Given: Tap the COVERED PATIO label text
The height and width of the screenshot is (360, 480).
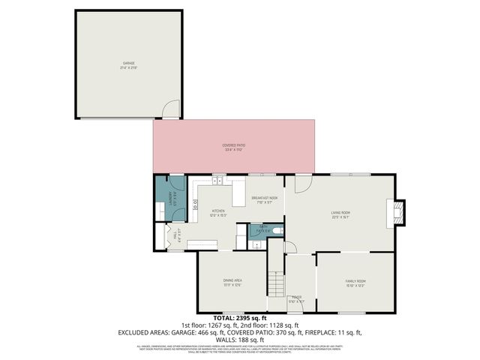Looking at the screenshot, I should pyautogui.click(x=234, y=145).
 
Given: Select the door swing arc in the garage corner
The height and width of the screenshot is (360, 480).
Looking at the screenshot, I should pyautogui.click(x=171, y=109).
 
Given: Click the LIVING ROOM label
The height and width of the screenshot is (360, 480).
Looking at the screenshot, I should pyautogui.click(x=341, y=212).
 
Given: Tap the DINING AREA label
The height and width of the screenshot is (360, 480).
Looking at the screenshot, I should pyautogui.click(x=232, y=280).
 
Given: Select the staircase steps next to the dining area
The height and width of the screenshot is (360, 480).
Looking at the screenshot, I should pyautogui.click(x=277, y=284).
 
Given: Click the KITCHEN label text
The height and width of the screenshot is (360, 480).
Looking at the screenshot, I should pyautogui.click(x=217, y=211).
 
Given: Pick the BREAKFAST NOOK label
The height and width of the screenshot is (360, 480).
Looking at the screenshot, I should pyautogui.click(x=265, y=197).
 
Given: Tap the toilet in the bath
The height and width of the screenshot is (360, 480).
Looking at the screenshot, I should pyautogui.click(x=277, y=230).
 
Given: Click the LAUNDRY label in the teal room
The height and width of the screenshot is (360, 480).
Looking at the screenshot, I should pyautogui.click(x=173, y=199).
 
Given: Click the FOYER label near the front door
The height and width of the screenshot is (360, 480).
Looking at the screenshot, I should pyautogui.click(x=297, y=297).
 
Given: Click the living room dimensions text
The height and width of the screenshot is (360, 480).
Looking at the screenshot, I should pyautogui.click(x=341, y=217).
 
